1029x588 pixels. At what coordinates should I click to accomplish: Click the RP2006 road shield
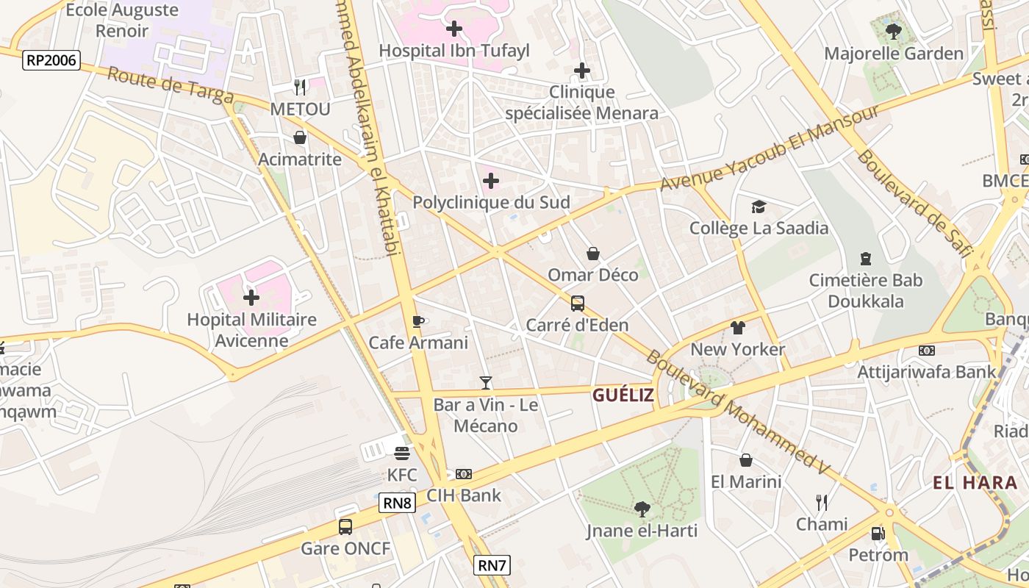[x=51, y=60]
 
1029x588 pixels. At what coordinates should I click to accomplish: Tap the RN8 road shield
[x=397, y=503]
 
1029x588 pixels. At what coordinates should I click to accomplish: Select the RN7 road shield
[x=492, y=565]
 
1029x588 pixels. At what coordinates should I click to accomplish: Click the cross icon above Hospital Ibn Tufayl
[x=454, y=29]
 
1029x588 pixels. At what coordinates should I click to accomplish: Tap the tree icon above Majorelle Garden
[x=893, y=32]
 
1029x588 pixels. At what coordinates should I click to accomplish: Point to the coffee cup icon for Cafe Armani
[x=418, y=321]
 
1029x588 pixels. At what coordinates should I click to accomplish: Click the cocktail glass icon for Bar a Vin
[x=485, y=382]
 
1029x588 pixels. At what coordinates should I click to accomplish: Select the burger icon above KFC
[x=401, y=453]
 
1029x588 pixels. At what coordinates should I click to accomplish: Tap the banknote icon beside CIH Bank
[x=464, y=474]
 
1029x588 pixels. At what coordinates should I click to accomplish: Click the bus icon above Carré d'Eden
[x=578, y=303]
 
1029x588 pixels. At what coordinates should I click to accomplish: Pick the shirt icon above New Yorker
[x=738, y=328]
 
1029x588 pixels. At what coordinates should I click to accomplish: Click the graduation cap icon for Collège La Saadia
[x=759, y=207]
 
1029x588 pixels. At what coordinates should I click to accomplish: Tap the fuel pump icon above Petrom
[x=878, y=534]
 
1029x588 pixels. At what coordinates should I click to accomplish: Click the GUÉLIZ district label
[x=623, y=395]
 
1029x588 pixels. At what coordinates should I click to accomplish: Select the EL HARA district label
[x=975, y=483]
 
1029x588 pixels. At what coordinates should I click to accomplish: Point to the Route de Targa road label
[x=171, y=86]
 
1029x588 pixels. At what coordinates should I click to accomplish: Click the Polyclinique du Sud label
[x=491, y=202]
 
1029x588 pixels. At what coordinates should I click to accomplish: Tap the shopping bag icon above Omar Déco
[x=593, y=254]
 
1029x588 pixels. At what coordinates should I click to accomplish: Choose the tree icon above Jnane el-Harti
[x=642, y=509]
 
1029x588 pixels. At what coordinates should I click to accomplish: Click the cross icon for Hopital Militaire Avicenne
[x=251, y=298]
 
